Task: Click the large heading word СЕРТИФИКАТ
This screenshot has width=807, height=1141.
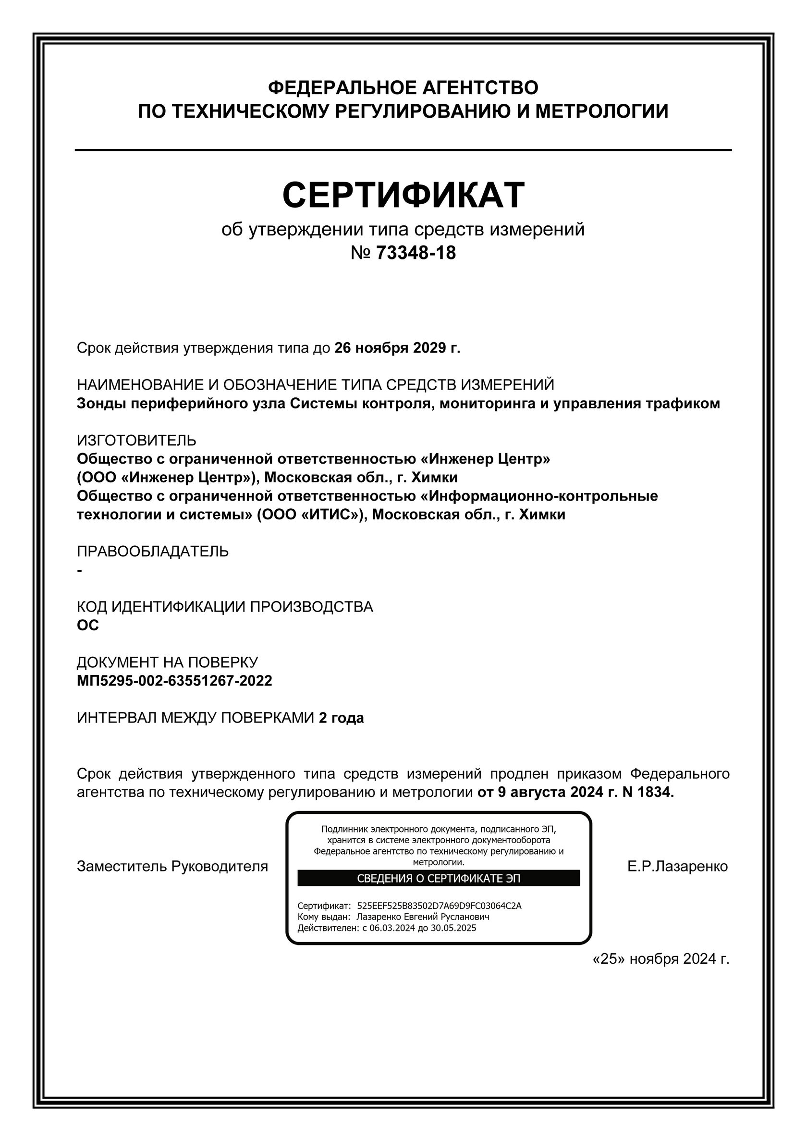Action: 403,194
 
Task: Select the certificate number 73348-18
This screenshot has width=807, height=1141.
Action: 416,253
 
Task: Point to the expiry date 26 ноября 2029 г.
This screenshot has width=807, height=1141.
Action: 398,348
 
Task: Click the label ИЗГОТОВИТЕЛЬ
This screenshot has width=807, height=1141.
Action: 136,440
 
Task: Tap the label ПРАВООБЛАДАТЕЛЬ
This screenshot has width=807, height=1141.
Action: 153,551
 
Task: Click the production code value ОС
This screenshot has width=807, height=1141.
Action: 87,625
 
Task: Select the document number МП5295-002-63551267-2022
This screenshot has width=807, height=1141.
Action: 174,680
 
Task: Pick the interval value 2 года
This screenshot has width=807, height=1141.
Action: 341,718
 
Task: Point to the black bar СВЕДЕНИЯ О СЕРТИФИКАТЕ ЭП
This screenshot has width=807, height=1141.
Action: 438,878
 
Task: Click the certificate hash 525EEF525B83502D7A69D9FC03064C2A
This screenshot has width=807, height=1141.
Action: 439,906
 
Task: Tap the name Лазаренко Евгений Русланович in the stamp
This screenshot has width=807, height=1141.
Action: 423,916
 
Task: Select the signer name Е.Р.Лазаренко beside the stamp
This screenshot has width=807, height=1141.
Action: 677,866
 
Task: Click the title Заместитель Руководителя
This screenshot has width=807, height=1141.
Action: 172,866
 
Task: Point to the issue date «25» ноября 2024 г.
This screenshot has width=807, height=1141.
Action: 661,958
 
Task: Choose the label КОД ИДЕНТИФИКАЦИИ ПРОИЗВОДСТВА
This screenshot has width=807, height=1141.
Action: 225,607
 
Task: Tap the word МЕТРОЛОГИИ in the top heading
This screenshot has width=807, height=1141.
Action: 601,111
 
